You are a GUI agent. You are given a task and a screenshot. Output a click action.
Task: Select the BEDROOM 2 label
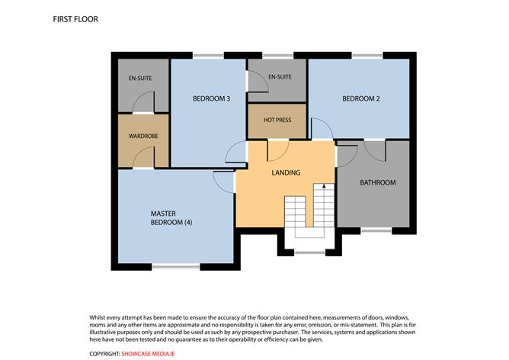[360, 98]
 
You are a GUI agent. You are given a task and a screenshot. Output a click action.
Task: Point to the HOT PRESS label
[277, 121]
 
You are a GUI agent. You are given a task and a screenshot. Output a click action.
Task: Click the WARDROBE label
[142, 137]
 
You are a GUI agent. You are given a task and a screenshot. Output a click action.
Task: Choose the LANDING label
[286, 172]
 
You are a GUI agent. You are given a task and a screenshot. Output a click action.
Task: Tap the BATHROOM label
[377, 182]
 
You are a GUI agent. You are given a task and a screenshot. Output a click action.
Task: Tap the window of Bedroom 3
[207, 54]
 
